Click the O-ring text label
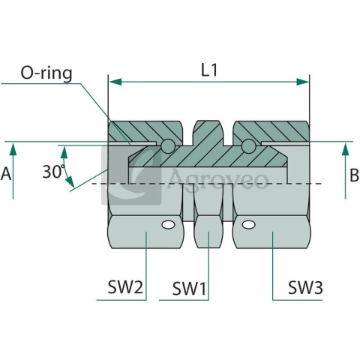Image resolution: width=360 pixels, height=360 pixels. pos(46,73)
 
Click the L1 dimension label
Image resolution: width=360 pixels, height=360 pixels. pos(209,70)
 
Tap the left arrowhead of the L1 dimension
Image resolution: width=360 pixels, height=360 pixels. pos(115,82)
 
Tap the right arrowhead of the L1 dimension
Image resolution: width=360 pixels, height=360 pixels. pos(302,82)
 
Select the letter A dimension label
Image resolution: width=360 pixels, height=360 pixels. pos(6,174)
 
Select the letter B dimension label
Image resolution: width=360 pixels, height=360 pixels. pos(354,175)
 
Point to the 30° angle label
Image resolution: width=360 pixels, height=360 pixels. pos(53,172)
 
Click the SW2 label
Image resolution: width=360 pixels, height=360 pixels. pos(125,287)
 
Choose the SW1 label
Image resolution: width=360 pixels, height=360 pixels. pos(189,289)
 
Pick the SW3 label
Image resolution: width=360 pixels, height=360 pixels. pos(305,287)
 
